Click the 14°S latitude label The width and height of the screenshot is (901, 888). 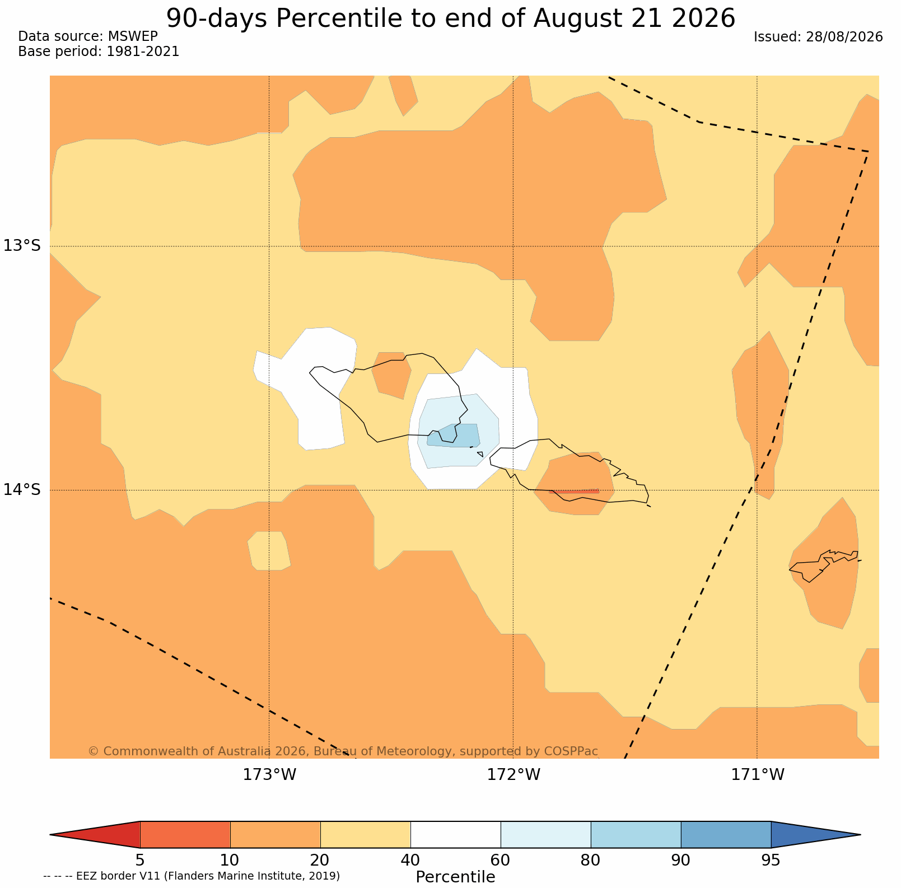pyautogui.click(x=22, y=490)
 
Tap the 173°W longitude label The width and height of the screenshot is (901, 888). pyautogui.click(x=269, y=775)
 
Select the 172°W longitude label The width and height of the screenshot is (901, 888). pyautogui.click(x=513, y=775)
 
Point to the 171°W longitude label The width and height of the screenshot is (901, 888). pyautogui.click(x=758, y=775)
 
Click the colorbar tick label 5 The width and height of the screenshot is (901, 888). pyautogui.click(x=140, y=860)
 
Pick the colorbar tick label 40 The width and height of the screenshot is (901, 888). pyautogui.click(x=410, y=860)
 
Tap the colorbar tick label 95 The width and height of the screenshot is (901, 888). pyautogui.click(x=771, y=860)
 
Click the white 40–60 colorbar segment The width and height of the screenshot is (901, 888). pyautogui.click(x=455, y=835)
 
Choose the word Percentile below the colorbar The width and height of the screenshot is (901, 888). pyautogui.click(x=455, y=877)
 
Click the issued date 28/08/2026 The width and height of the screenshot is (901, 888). pyautogui.click(x=844, y=37)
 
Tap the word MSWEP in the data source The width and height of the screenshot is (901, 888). pyautogui.click(x=133, y=36)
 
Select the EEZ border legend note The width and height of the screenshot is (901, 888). pyautogui.click(x=192, y=876)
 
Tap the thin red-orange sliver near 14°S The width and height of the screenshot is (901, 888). pyautogui.click(x=576, y=491)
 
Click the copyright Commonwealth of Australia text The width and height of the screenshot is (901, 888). pyautogui.click(x=343, y=751)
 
